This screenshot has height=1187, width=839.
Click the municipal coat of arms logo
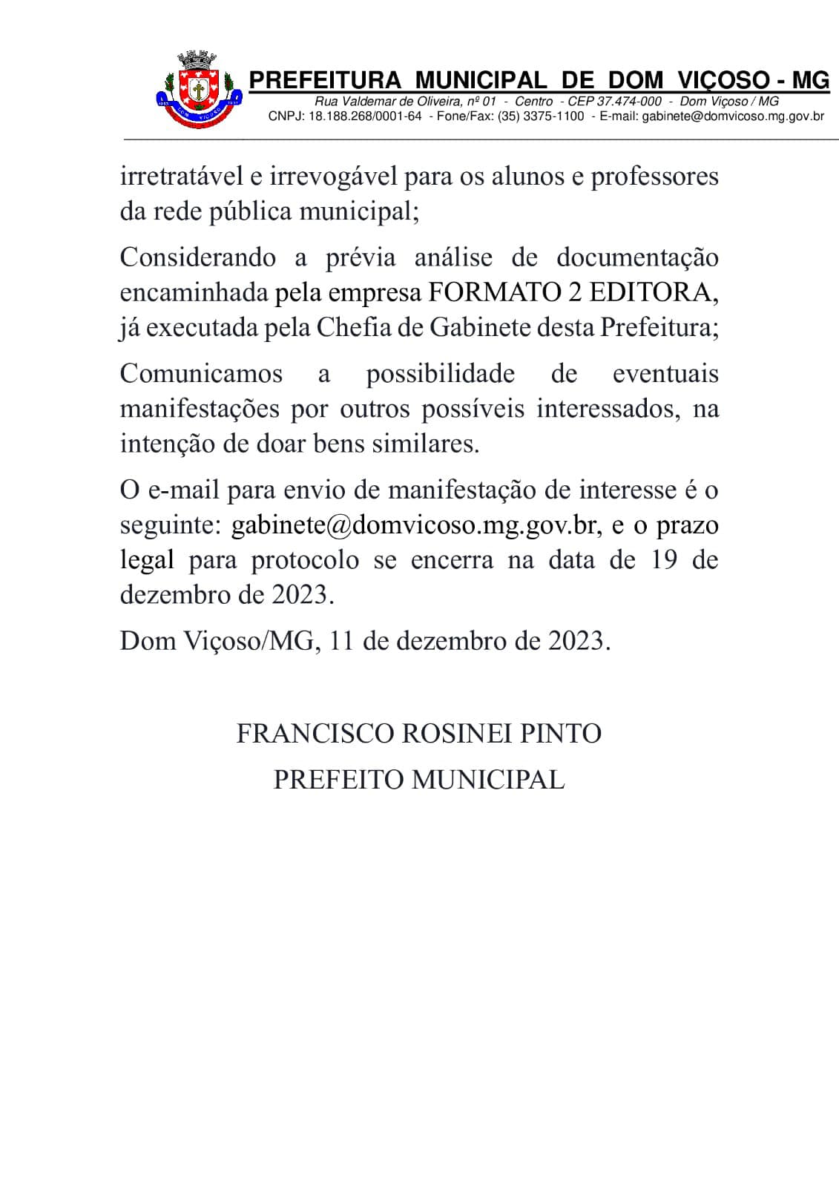[199, 89]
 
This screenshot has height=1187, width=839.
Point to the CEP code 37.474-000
[629, 102]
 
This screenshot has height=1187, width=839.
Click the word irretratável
[182, 177]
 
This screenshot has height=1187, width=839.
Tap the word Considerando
[197, 257]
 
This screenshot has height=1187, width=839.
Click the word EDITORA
[653, 293]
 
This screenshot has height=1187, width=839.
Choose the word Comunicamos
[201, 373]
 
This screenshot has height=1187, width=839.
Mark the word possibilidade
[440, 373]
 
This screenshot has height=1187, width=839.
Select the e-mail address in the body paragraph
[414, 525]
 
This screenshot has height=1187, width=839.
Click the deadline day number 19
[665, 560]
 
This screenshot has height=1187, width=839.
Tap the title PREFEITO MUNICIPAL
[419, 780]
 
